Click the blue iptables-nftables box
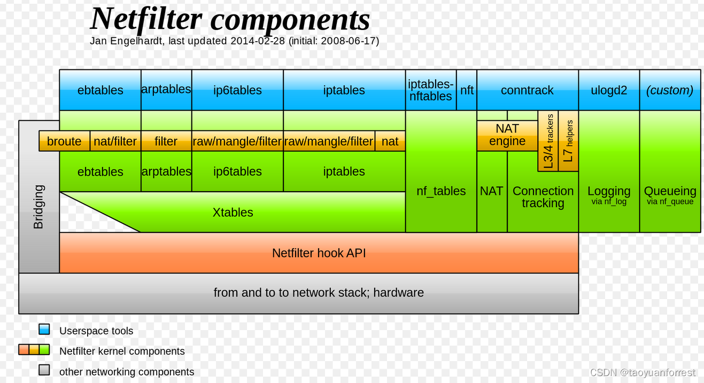click(x=430, y=90)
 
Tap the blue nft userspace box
click(x=467, y=90)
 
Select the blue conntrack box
click(x=527, y=90)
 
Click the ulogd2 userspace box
click(x=609, y=90)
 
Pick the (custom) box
click(x=670, y=90)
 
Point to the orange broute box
click(x=64, y=141)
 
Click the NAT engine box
click(x=507, y=135)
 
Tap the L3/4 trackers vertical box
click(x=548, y=141)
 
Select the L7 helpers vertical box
click(x=568, y=141)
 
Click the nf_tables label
click(x=441, y=191)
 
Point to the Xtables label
click(x=233, y=212)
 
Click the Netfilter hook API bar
click(x=319, y=253)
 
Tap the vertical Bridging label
click(x=38, y=207)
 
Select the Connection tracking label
click(x=543, y=197)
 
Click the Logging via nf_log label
click(x=609, y=194)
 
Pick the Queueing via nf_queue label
click(x=670, y=194)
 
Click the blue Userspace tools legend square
click(x=44, y=329)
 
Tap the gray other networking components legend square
click(x=44, y=370)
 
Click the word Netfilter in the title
click(x=146, y=19)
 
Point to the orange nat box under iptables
click(x=390, y=141)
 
